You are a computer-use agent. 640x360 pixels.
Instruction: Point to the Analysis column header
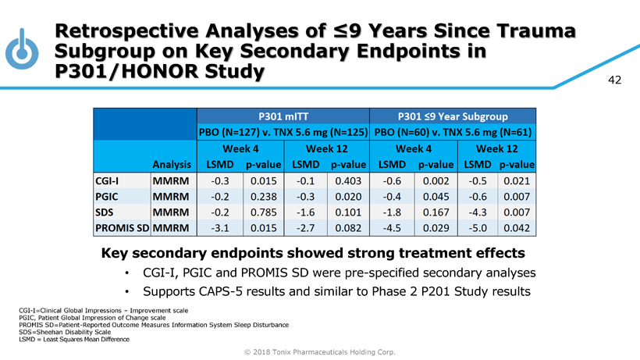coord(172,165)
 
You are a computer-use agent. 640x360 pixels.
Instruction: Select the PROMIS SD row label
coord(122,229)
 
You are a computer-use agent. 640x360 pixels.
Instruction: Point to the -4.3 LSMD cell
coord(477,213)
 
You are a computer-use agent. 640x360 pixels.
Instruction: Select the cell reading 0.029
coord(434,229)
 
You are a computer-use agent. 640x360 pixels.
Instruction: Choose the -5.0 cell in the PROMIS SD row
coord(477,229)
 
